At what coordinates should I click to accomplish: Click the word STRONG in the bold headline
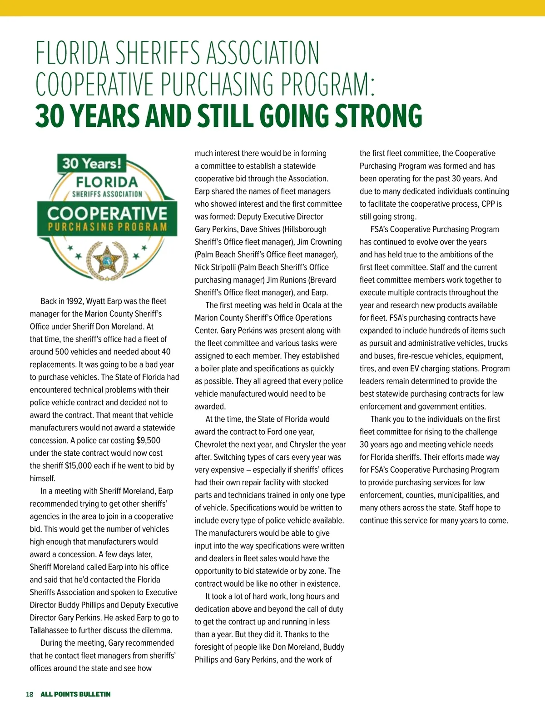[378, 116]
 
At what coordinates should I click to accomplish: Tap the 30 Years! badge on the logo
[92, 163]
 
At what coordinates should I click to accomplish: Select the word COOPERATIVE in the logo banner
[107, 213]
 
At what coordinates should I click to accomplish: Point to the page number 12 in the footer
[30, 694]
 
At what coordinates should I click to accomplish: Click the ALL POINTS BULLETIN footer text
[75, 694]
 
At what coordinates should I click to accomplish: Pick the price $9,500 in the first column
[148, 440]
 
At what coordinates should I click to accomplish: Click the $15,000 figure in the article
[79, 466]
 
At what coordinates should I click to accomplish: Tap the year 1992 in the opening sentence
[74, 301]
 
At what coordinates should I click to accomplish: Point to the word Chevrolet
[214, 444]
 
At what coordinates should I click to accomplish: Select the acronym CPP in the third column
[488, 204]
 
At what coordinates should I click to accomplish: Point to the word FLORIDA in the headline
[73, 53]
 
